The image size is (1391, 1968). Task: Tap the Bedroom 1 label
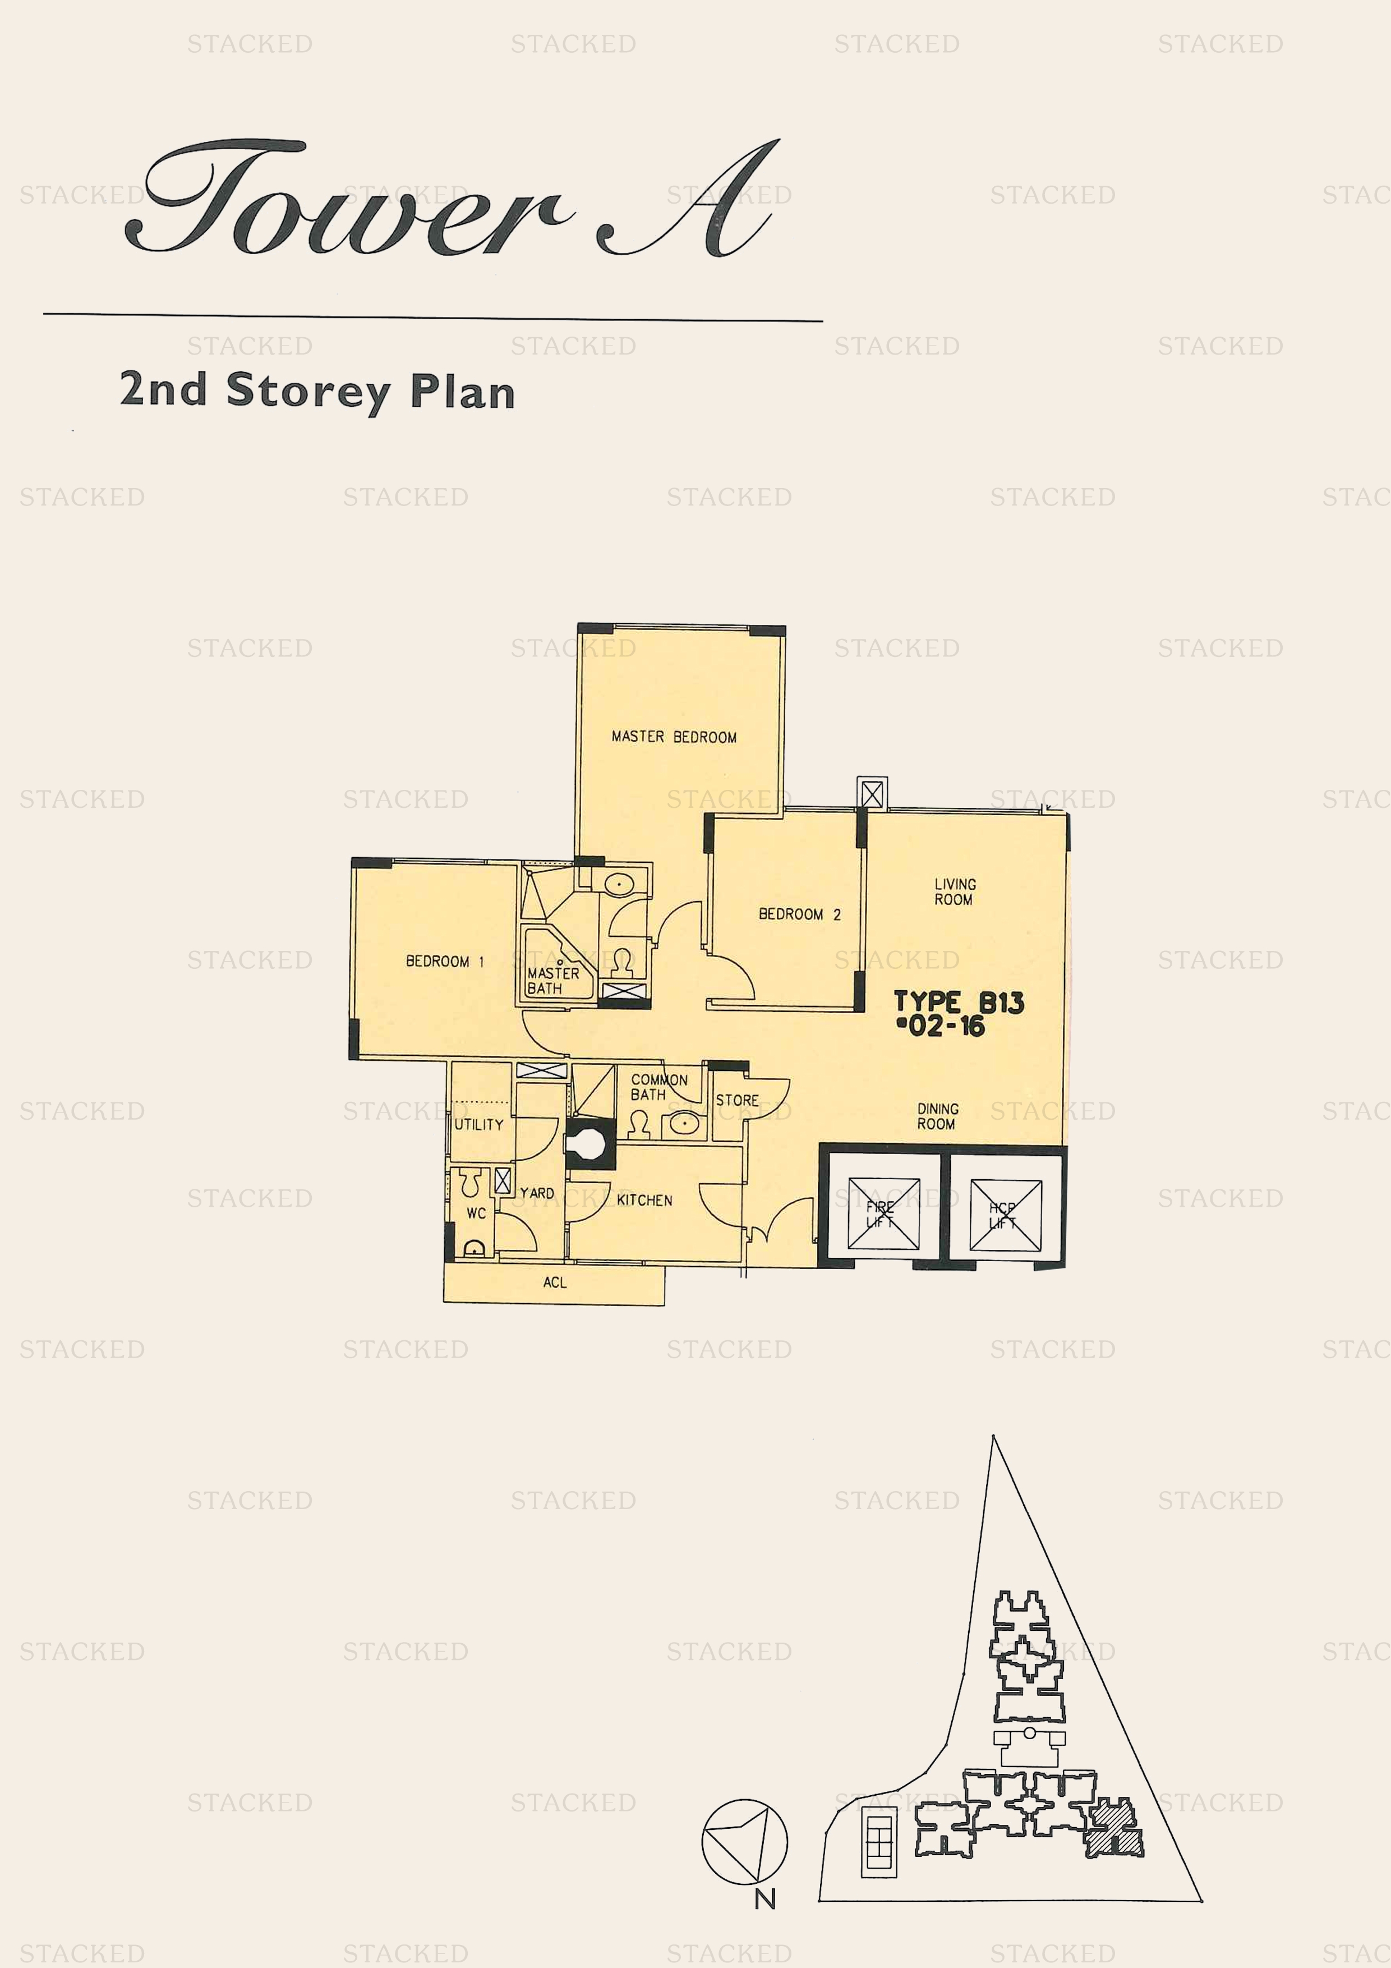coord(445,961)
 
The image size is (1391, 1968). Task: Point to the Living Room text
coord(955,891)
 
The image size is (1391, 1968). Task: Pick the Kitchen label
coord(644,1200)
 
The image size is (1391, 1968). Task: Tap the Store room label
coord(737,1100)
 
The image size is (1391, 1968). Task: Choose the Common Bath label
coord(658,1087)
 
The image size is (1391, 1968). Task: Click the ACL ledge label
coord(555,1282)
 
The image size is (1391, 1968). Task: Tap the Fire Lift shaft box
coord(883,1213)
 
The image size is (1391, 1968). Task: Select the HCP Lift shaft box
coord(1005,1213)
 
